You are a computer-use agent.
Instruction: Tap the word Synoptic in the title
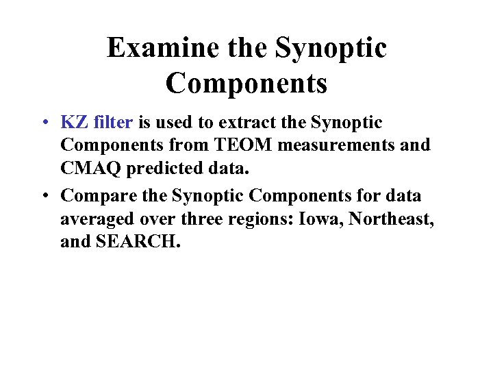pos(331,49)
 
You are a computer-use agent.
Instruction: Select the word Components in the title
pos(246,84)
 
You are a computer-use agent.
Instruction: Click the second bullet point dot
pos(43,197)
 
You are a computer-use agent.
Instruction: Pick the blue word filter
pos(111,123)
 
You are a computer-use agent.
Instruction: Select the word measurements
pos(329,145)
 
